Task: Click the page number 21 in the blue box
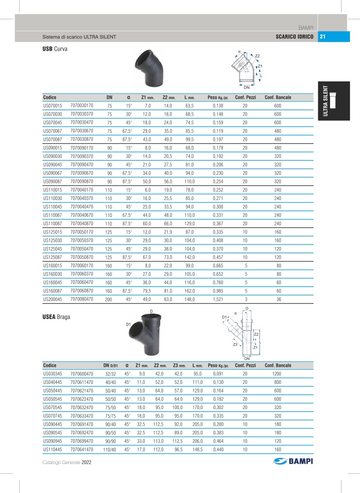[323, 37]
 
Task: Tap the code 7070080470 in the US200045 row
[82, 299]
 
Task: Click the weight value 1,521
[218, 299]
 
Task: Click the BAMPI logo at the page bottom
[294, 462]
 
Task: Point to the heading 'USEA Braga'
[56, 317]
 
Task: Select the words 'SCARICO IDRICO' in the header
[294, 37]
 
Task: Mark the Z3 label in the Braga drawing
[235, 345]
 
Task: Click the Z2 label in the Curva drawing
[257, 56]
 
